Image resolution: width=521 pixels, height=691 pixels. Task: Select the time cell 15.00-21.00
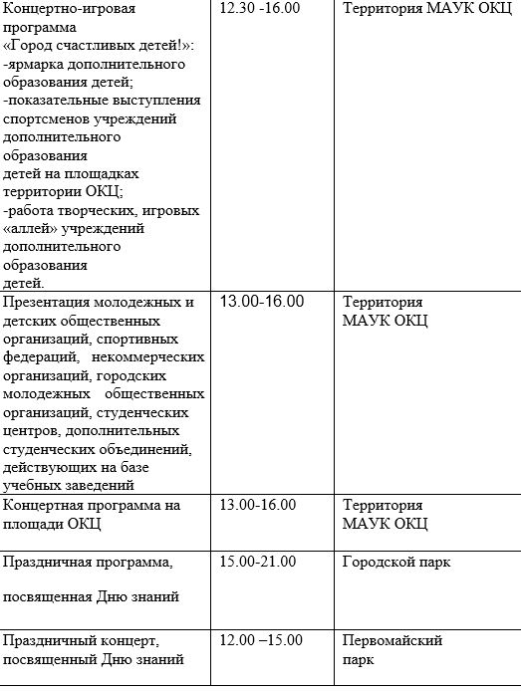[x=257, y=563]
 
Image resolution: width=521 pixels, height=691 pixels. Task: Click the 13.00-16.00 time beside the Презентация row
[x=261, y=302]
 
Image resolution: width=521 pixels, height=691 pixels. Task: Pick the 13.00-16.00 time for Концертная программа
[x=257, y=505]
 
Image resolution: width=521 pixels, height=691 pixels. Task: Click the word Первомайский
[x=391, y=640]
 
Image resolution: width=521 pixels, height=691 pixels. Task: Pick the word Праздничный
[x=55, y=640]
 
